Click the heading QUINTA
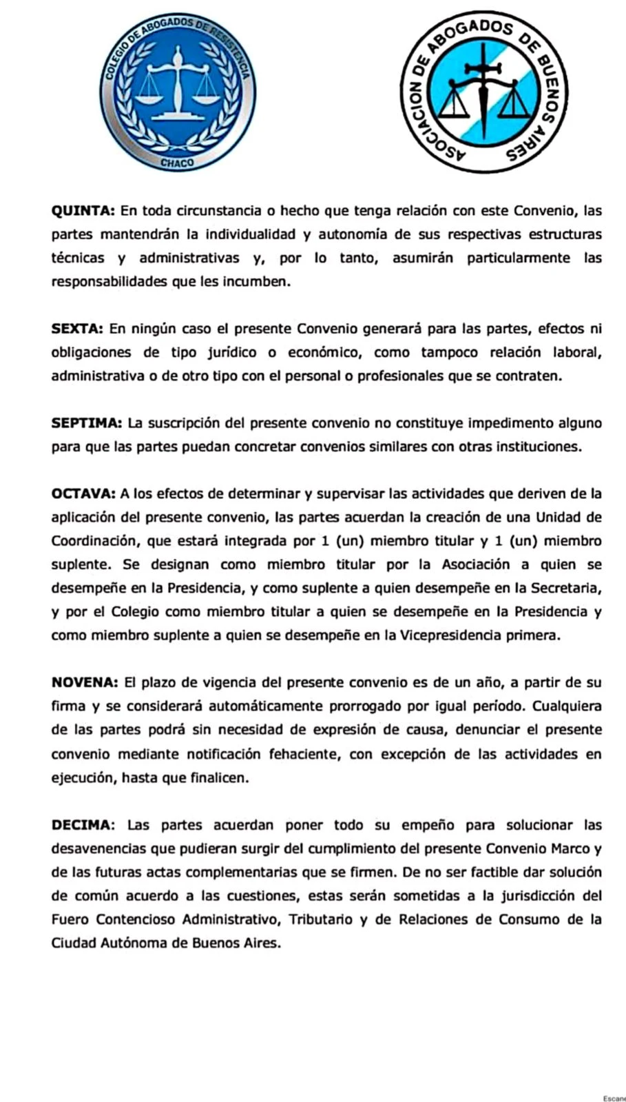pyautogui.click(x=83, y=211)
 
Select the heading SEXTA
pyautogui.click(x=77, y=329)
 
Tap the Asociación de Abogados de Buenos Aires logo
pyautogui.click(x=485, y=92)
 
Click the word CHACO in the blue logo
pyautogui.click(x=178, y=163)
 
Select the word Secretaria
pyautogui.click(x=562, y=588)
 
